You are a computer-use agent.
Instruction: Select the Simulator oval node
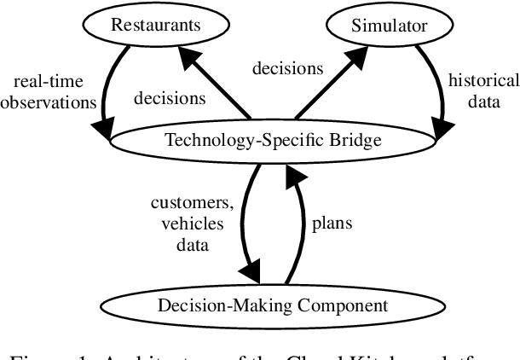(389, 25)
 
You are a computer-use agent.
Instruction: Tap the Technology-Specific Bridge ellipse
(272, 140)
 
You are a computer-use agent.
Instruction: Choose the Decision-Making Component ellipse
(272, 305)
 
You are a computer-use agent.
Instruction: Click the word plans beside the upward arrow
(331, 225)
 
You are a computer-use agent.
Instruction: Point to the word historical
(483, 81)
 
